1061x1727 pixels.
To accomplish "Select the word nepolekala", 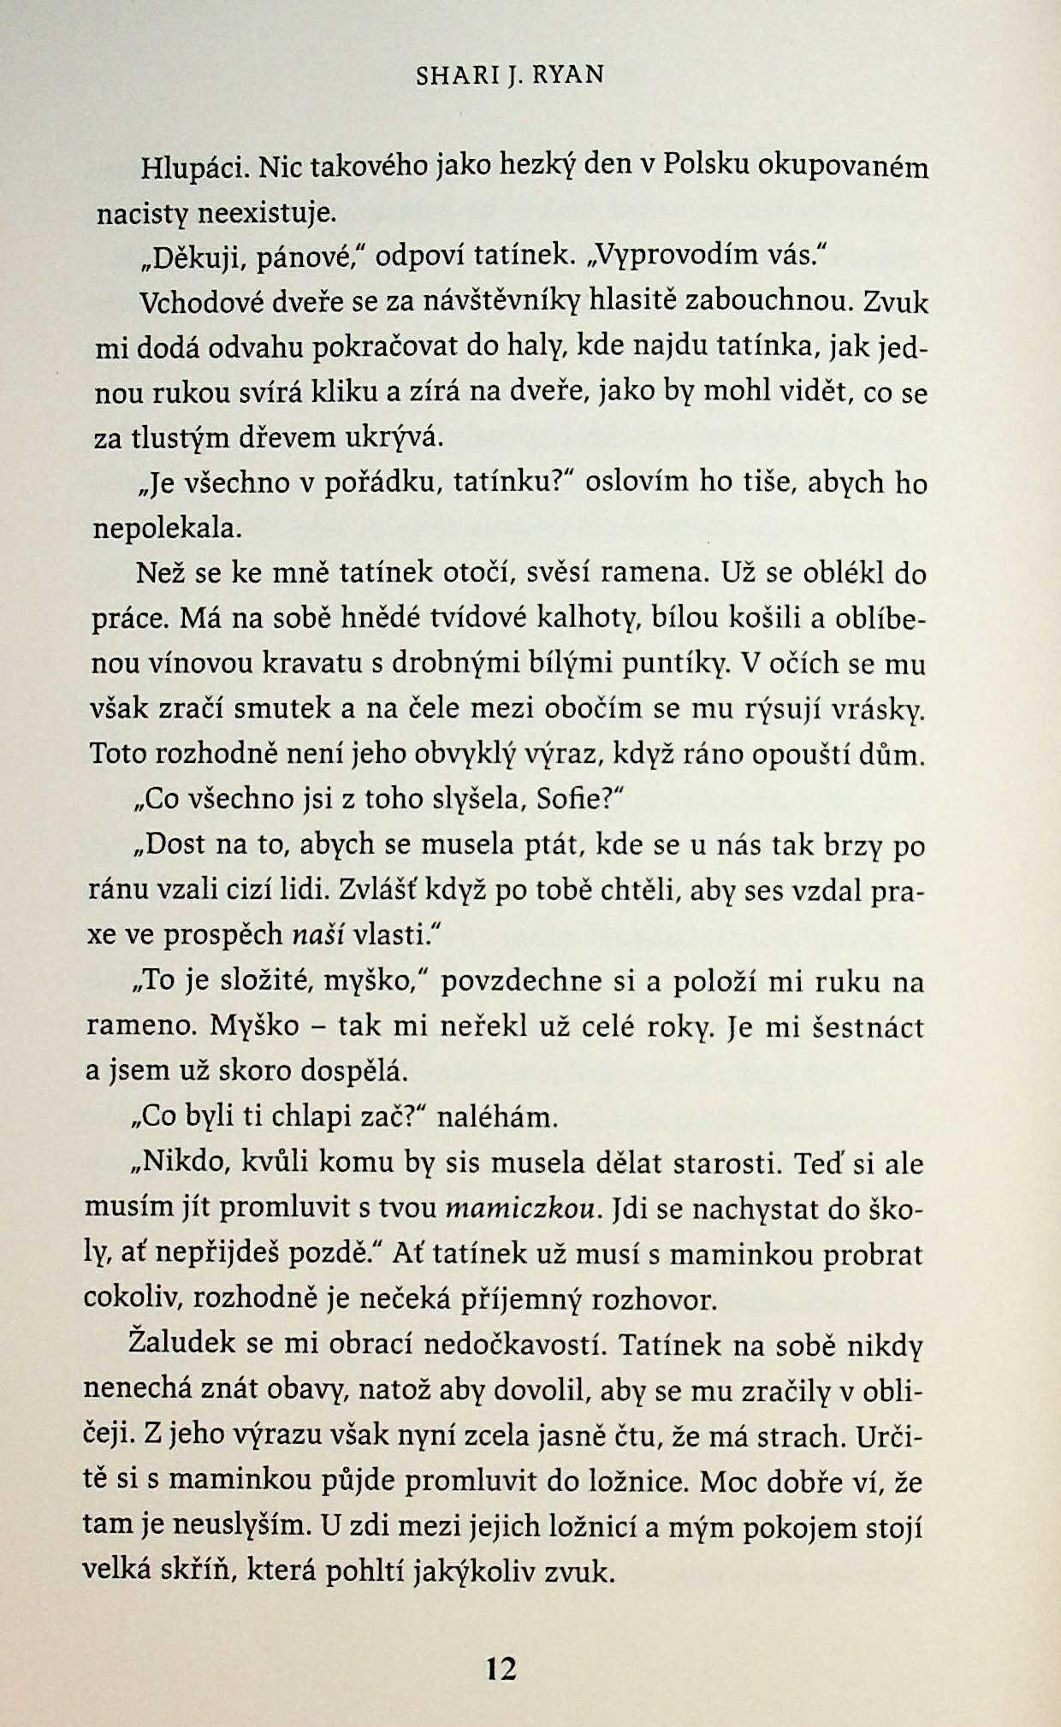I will pos(167,528).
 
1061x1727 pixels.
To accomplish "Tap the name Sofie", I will pos(569,799).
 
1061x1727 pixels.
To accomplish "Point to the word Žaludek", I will pos(181,1342).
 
